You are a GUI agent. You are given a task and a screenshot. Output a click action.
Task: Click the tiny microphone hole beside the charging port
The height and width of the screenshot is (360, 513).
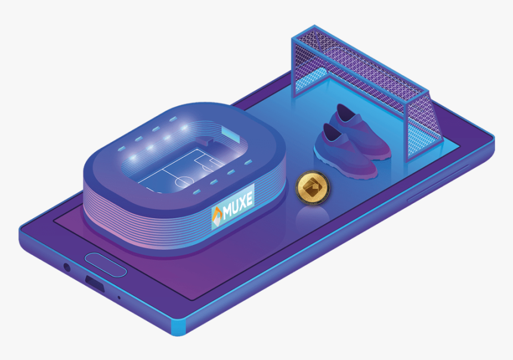pos(119,297)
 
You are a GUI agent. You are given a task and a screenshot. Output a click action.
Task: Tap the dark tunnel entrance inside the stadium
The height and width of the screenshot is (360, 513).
pos(206,143)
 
